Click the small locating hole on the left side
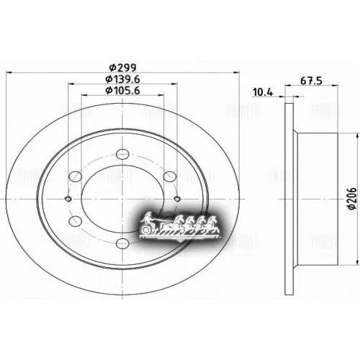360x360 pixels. (67, 199)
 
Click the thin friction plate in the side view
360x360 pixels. (289, 194)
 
